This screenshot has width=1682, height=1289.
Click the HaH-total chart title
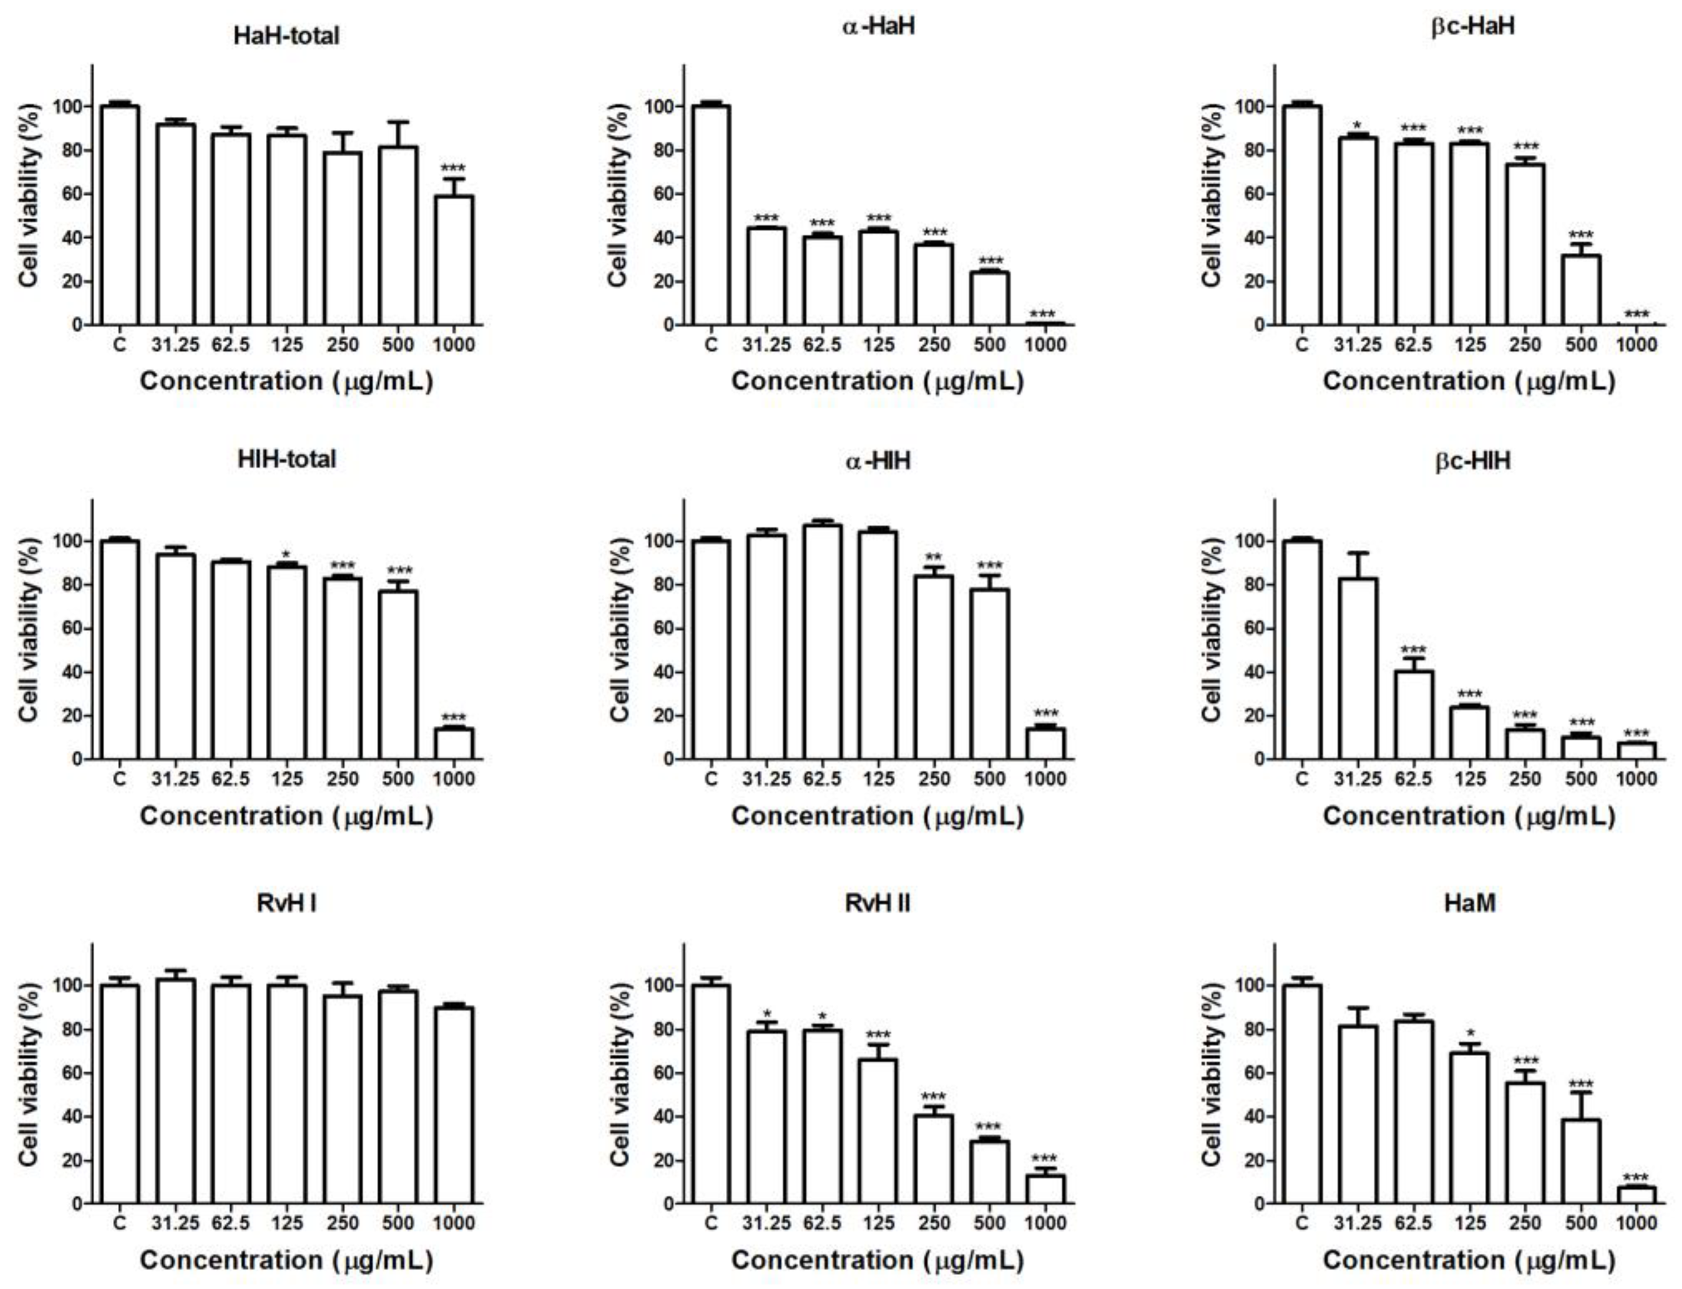pyautogui.click(x=286, y=36)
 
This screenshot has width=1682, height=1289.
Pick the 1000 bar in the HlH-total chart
pyautogui.click(x=453, y=744)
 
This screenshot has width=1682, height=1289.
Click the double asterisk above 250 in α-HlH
pyautogui.click(x=933, y=558)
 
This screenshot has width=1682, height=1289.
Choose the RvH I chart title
pyautogui.click(x=286, y=903)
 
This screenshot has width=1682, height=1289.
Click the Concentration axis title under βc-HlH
pyautogui.click(x=1469, y=815)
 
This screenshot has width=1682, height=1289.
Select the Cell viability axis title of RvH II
pyautogui.click(x=620, y=1074)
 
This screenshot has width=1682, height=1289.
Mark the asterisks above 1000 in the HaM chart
pyautogui.click(x=1636, y=1178)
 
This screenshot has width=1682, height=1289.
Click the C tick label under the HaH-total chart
pyautogui.click(x=119, y=345)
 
